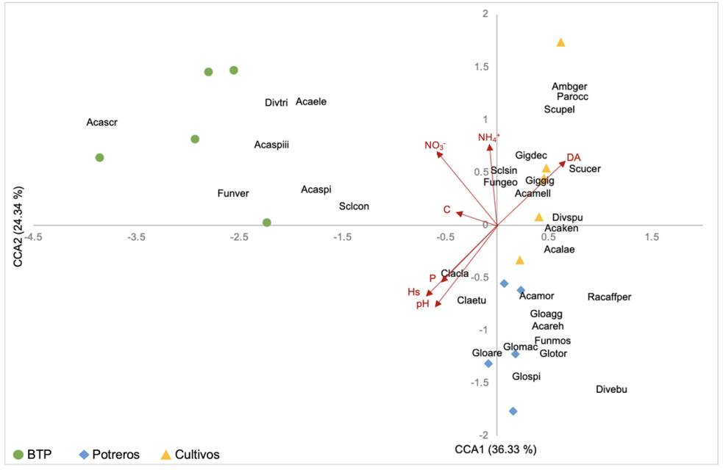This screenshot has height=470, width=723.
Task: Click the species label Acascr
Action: [101, 123]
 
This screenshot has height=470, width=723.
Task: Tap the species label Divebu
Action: [611, 390]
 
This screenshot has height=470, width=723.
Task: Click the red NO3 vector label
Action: [435, 145]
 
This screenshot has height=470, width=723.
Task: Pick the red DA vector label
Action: [574, 158]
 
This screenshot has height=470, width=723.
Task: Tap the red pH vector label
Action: [423, 304]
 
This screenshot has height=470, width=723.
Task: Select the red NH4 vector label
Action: [488, 137]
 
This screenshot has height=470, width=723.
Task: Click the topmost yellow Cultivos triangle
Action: [560, 43]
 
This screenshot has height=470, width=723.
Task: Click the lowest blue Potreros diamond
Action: [513, 411]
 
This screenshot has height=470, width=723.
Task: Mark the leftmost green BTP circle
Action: [99, 158]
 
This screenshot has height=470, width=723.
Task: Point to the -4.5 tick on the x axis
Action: [33, 238]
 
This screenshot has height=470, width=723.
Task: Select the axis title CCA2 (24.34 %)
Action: [20, 228]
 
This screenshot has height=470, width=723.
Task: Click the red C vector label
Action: [446, 210]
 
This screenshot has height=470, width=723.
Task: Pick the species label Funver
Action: [233, 194]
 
